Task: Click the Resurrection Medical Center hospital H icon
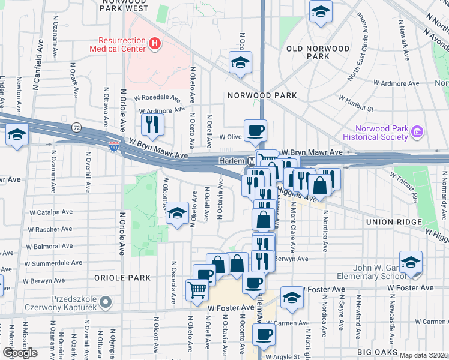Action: coord(155,43)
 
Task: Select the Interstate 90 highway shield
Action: coord(114,146)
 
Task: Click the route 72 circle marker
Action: coord(76,127)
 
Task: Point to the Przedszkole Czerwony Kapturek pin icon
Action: coord(106,301)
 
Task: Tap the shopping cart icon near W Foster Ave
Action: coord(197,290)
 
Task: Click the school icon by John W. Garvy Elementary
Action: coord(411,262)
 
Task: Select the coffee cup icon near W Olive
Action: coord(255,130)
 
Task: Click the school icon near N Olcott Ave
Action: coord(176,213)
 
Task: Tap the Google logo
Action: coord(19,353)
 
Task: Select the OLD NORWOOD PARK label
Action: coord(318,52)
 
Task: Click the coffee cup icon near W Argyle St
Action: coord(263,335)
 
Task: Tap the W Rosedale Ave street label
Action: coord(160,98)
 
